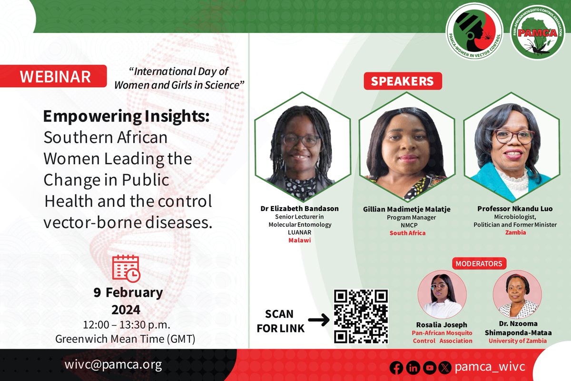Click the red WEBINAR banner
pyautogui.click(x=56, y=76)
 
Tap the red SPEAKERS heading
pyautogui.click(x=403, y=81)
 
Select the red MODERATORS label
pyautogui.click(x=479, y=263)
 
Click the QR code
pyautogui.click(x=361, y=316)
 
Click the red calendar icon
pyautogui.click(x=126, y=268)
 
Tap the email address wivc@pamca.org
pyautogui.click(x=113, y=364)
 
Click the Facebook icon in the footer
pyautogui.click(x=396, y=368)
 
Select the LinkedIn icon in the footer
pyautogui.click(x=413, y=368)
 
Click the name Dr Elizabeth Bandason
pyautogui.click(x=300, y=209)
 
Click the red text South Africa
pyautogui.click(x=407, y=233)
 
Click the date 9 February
pyautogui.click(x=128, y=292)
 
